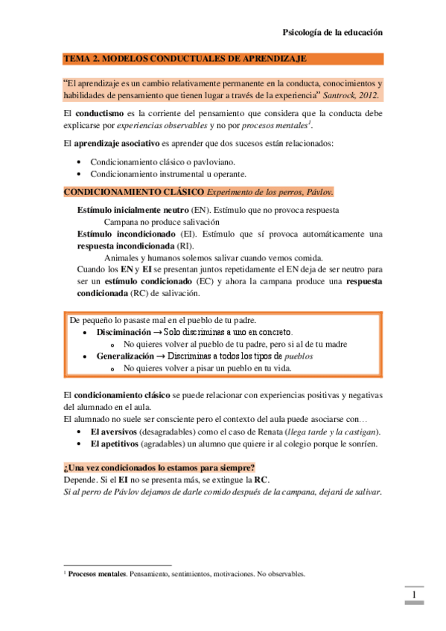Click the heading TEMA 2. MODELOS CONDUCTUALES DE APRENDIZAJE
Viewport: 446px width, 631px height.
click(185, 58)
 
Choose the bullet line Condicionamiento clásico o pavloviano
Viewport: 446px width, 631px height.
click(163, 161)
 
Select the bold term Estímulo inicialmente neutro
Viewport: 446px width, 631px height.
click(133, 211)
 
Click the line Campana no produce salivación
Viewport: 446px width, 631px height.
click(162, 222)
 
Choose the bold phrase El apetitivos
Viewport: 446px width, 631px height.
click(113, 444)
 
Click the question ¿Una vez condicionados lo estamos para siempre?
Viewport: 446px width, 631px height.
click(159, 468)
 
